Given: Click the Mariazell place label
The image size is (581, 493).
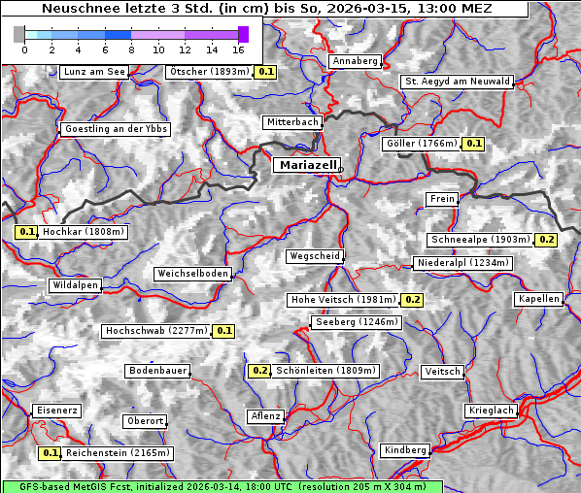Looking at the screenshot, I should [307, 165].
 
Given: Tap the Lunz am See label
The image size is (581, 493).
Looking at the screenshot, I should [94, 72].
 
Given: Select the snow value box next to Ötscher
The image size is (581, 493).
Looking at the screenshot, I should [266, 72].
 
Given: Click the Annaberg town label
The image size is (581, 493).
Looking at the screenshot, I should [355, 61].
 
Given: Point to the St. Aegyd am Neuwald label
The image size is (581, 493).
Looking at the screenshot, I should [457, 82].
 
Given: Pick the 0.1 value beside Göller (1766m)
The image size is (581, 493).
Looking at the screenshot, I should [473, 144].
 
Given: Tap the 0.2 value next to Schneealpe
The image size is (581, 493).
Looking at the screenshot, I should [546, 240].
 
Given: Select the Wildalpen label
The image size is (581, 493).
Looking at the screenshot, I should [76, 285].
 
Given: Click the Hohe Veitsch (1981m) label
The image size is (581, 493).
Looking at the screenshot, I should [344, 300].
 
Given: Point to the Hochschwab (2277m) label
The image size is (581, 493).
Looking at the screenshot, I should [156, 331].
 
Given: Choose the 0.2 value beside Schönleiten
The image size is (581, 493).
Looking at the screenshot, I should [259, 371].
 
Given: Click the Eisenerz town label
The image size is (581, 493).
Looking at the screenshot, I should [56, 411].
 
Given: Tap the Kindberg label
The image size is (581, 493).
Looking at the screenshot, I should [405, 450].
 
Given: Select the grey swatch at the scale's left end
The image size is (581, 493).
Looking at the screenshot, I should [19, 34].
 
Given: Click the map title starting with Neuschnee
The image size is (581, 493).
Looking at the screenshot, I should [264, 9].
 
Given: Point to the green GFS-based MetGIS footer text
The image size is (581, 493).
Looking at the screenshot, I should [222, 486].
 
